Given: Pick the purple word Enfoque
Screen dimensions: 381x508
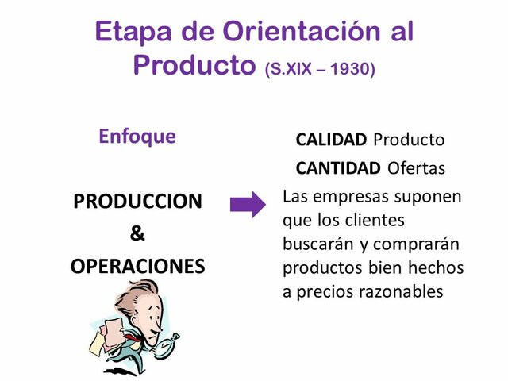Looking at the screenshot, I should click(137, 136).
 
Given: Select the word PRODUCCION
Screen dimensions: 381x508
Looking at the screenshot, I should click(137, 201).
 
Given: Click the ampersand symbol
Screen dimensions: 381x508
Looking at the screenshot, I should click(137, 233).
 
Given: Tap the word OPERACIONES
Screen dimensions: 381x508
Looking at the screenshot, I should click(137, 266).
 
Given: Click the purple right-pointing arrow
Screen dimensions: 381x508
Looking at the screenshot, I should click(248, 206).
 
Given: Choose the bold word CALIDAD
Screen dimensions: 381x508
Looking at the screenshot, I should click(331, 140).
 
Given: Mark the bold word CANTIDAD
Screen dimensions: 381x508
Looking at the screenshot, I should click(338, 168).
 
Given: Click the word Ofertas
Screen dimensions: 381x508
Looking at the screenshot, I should click(417, 168).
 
